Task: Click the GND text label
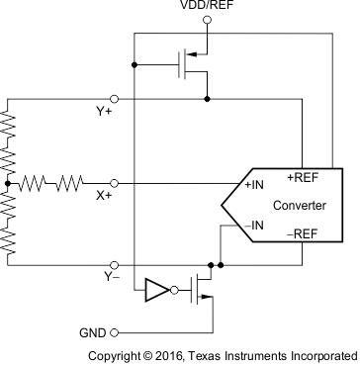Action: [x=91, y=332]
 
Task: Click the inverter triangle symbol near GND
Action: [x=156, y=291]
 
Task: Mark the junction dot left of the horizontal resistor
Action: [x=8, y=183]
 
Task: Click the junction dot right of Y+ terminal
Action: [x=207, y=99]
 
